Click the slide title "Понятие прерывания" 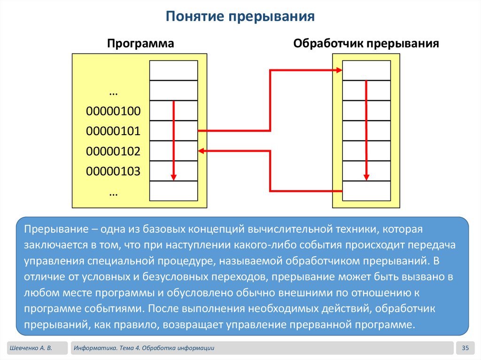point(240,18)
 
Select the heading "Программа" point(140,44)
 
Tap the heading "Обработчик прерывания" point(366,44)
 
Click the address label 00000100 point(113,111)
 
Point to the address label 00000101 point(113,131)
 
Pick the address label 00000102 point(113,151)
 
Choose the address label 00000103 point(113,171)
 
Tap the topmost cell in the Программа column point(173,70)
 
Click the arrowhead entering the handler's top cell point(339,70)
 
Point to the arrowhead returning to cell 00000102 point(202,151)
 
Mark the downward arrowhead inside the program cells point(173,177)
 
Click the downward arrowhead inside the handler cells point(366,177)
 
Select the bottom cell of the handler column point(366,191)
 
